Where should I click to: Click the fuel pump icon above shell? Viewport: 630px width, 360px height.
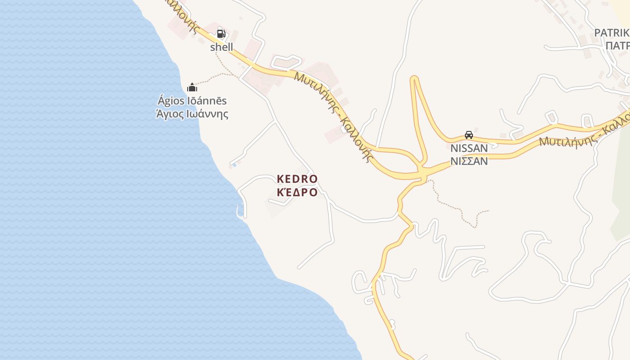pos(221,33)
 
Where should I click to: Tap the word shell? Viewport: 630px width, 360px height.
pos(222,47)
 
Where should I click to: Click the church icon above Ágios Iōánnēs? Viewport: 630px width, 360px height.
pos(192,87)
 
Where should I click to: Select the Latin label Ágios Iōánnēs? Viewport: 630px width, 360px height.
pos(192,101)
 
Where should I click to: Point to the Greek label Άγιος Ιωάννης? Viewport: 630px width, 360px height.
pos(192,114)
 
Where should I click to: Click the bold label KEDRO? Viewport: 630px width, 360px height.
pos(297,179)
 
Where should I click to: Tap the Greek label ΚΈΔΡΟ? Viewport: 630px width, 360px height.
pos(297,193)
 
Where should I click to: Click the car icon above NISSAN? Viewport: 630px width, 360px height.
pos(469,135)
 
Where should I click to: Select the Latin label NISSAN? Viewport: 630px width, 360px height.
pos(469,148)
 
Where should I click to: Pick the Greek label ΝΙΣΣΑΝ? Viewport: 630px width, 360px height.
pos(469,161)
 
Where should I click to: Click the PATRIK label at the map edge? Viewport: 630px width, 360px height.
pos(612,33)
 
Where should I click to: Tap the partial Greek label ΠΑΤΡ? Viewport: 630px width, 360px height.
pos(617,46)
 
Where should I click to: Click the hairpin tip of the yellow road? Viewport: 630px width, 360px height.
pos(414,79)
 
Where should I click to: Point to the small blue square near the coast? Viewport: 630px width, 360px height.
pos(234,165)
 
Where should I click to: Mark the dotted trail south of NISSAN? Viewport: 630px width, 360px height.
pos(454,207)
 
